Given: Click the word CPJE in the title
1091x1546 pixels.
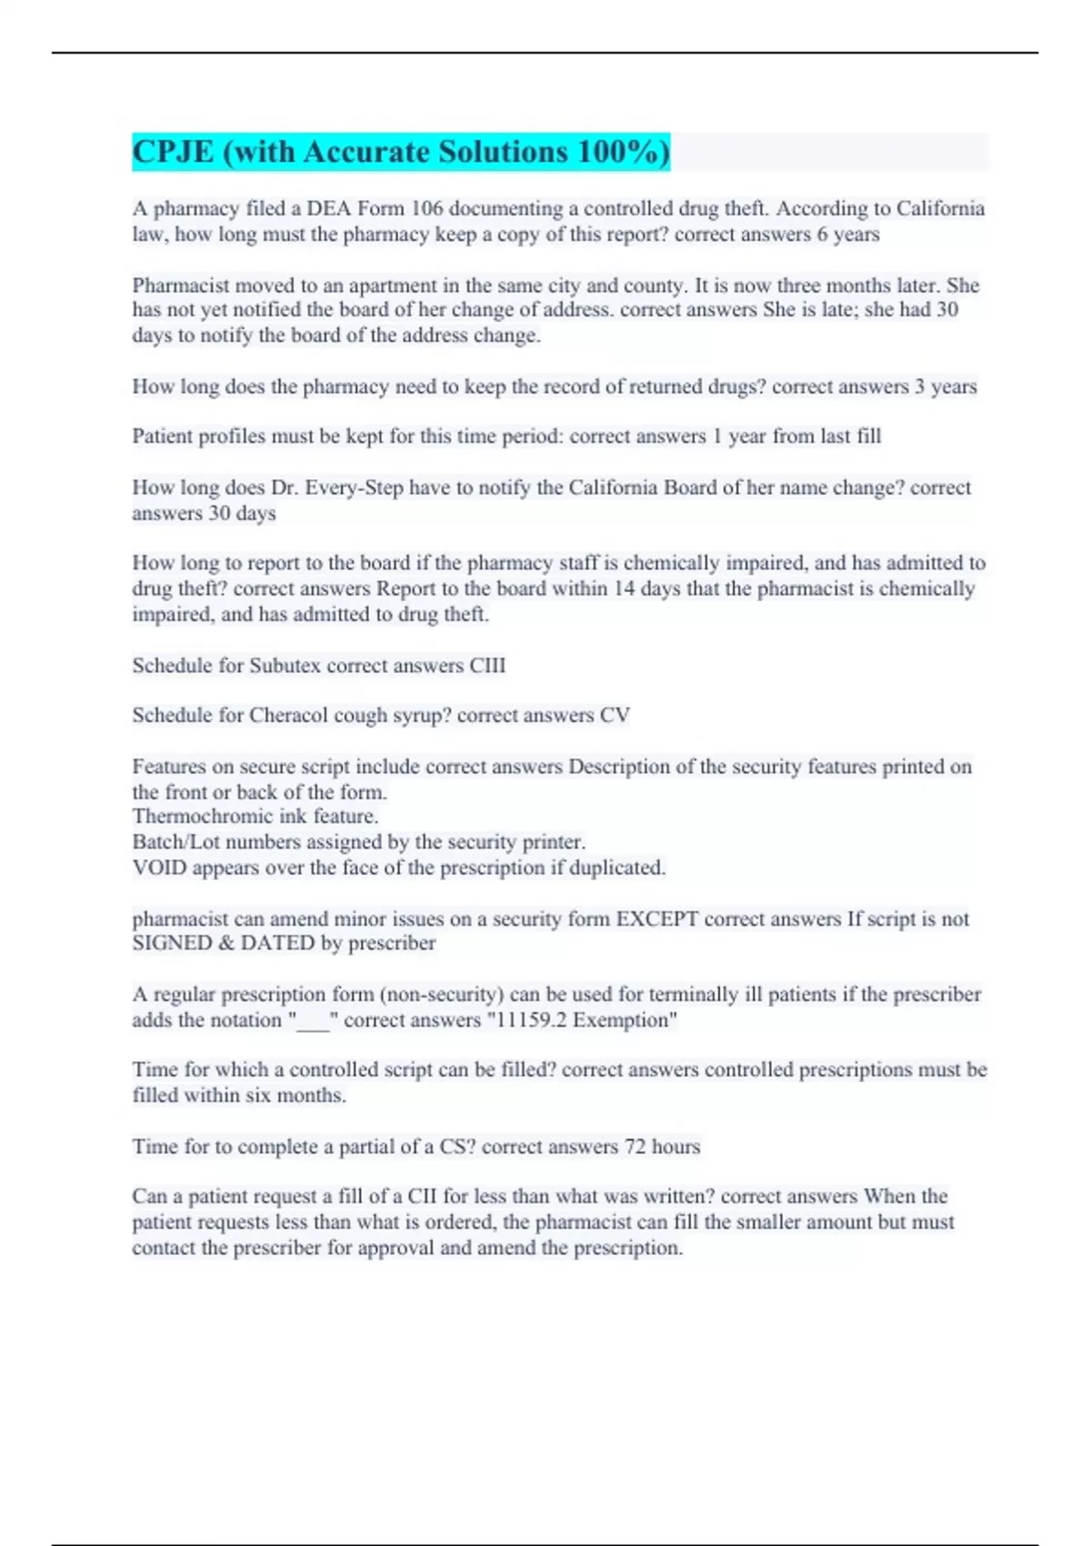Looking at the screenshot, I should coord(174,152).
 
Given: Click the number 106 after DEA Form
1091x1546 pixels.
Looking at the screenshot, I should coord(426,208).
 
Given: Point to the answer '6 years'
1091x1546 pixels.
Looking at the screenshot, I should coord(848,235).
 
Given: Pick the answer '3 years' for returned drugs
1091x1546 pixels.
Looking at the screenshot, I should coord(946,386).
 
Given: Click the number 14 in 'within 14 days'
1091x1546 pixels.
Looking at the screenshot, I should coord(624,588).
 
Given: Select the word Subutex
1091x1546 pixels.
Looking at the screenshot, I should coord(285,666).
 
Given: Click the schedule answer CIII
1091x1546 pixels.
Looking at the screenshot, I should coord(487,666).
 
